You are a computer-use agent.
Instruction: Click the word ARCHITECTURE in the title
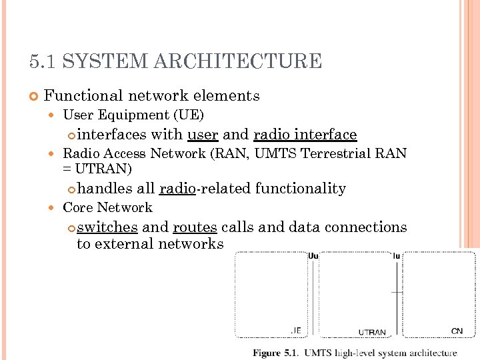point(238,62)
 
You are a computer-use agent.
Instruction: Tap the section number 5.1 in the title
point(43,62)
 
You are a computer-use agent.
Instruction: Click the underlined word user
point(203,135)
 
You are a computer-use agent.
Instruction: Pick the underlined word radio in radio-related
point(177,189)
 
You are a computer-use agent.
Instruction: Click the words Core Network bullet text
point(107,207)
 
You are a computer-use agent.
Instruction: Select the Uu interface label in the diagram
point(313,255)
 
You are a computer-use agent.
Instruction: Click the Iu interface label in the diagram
point(397,255)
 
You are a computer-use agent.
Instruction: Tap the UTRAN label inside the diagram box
point(372,332)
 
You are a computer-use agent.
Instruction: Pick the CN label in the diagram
point(457,331)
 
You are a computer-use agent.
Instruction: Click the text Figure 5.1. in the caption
point(275,353)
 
